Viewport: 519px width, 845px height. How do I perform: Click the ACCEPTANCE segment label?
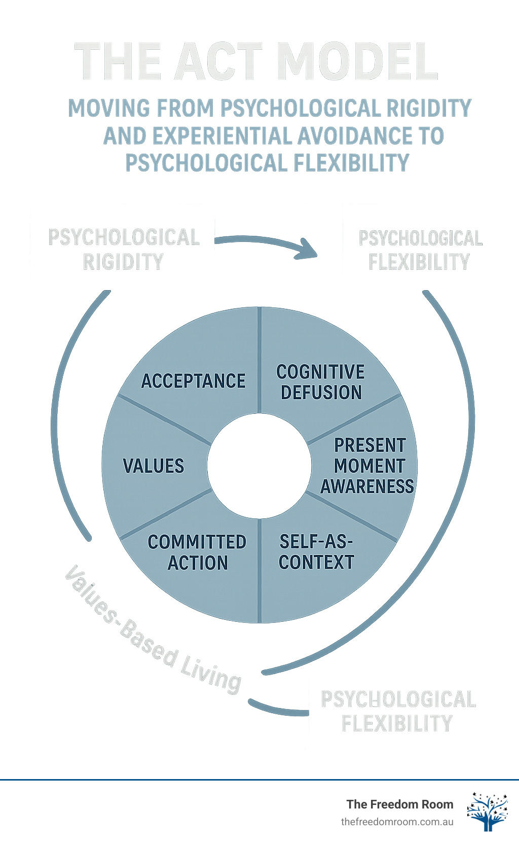coord(193,381)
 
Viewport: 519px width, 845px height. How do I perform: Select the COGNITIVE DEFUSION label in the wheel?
coord(320,382)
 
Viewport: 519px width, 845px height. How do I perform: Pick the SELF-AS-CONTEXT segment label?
coord(316,552)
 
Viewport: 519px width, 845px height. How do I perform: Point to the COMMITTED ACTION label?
coord(197,552)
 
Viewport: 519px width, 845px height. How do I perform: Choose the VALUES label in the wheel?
coord(154,466)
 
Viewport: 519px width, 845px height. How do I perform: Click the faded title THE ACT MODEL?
coord(256,62)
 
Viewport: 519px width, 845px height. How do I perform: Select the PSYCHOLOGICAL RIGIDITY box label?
coord(124,250)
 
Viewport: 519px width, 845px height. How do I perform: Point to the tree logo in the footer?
coord(487,812)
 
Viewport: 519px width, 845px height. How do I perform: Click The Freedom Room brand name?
coord(399,804)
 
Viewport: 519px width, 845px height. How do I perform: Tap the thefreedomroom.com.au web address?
coord(397,822)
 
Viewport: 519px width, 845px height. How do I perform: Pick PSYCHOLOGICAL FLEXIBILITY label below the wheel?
coord(398,711)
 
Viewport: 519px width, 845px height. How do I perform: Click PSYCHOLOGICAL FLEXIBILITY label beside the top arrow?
coord(420,250)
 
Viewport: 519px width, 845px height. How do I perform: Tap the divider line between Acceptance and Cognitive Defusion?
coord(259,360)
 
